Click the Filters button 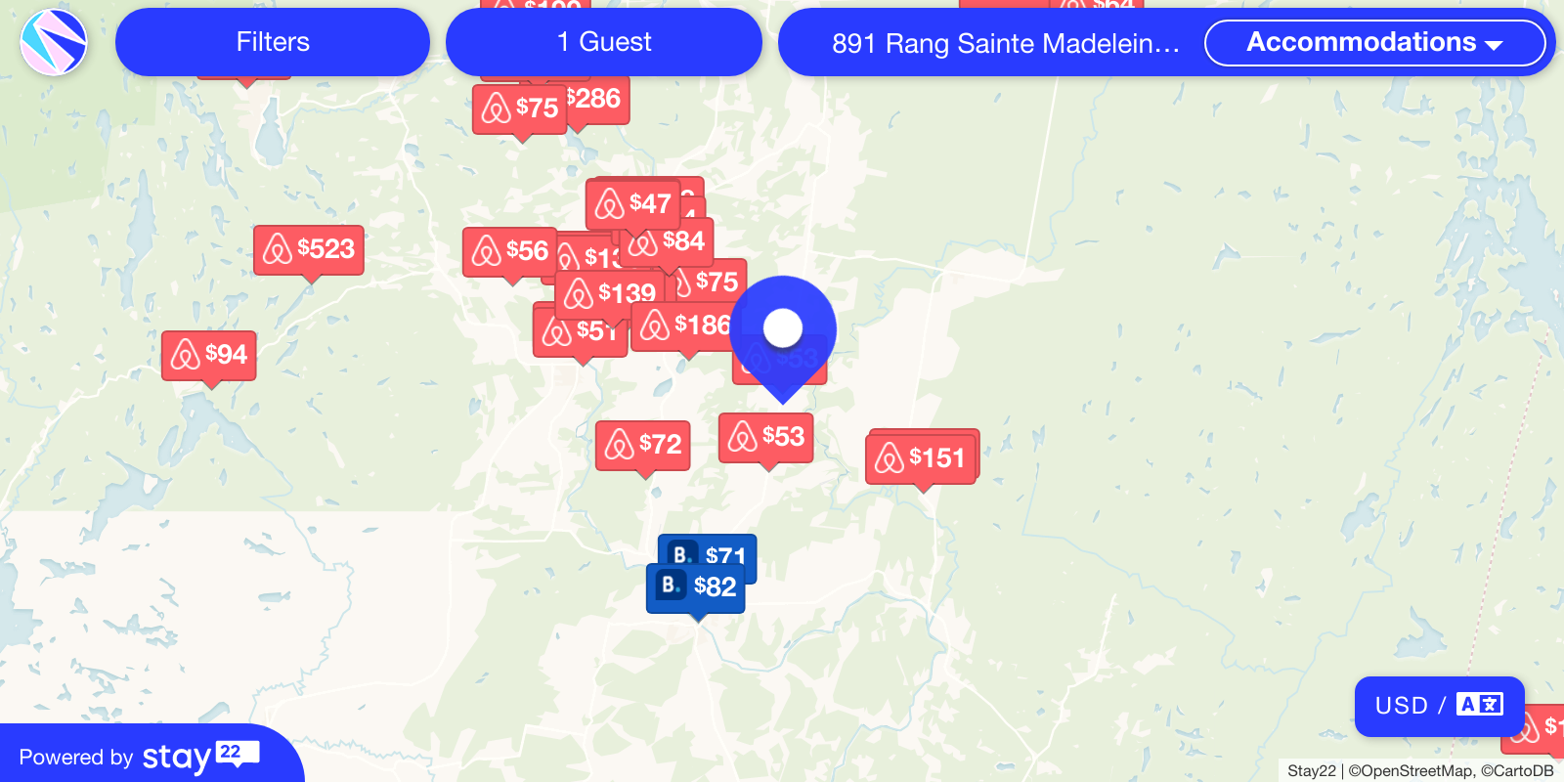click(x=272, y=42)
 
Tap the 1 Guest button click(x=603, y=42)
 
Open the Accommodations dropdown click(x=1373, y=43)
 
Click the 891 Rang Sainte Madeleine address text click(x=1005, y=44)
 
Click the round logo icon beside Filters click(x=54, y=42)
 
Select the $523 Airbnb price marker click(x=309, y=249)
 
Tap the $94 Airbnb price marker click(x=209, y=355)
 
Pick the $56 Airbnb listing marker click(x=509, y=251)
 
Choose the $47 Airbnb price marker click(x=633, y=203)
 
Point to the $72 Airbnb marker click(x=643, y=445)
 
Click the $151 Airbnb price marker click(x=921, y=458)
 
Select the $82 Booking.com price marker click(x=696, y=587)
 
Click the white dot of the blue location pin click(x=783, y=328)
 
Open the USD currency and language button click(x=1439, y=706)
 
